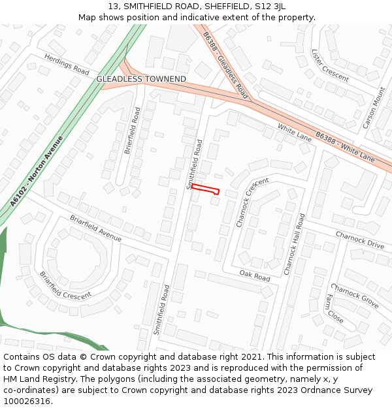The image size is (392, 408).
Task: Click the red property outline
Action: [x=204, y=189]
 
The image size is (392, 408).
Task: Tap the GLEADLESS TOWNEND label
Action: [x=141, y=79]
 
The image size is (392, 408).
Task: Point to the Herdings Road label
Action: [x=67, y=63]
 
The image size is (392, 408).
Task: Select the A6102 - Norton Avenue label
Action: [x=38, y=172]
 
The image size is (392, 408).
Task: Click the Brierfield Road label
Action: [x=133, y=131]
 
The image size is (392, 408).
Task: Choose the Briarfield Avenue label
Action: [x=95, y=228]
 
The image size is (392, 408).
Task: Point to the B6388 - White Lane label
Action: [x=345, y=146]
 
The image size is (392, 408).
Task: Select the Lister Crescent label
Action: [x=330, y=65]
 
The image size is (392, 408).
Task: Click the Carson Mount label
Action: [x=374, y=108]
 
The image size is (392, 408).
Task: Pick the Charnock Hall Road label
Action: [x=294, y=243]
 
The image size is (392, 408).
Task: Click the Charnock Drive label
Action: [x=360, y=240]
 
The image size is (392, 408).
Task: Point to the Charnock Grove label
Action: [x=354, y=296]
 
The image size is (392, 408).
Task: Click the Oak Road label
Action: [x=254, y=277]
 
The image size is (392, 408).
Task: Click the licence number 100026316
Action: [x=27, y=401]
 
